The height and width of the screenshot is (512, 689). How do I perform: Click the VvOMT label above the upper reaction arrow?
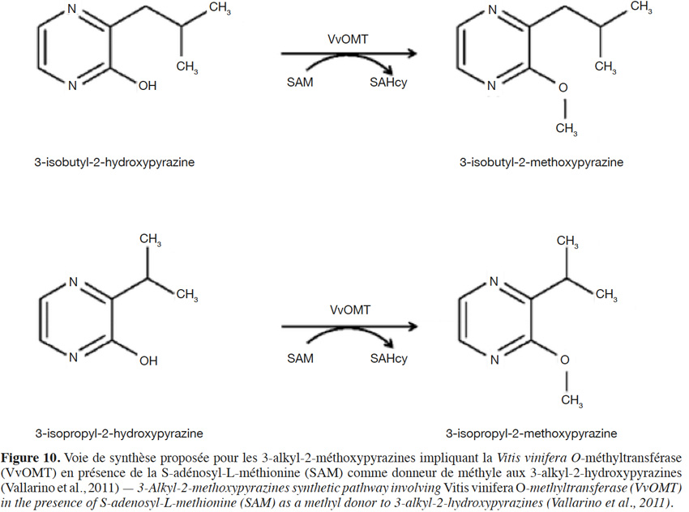click(348, 40)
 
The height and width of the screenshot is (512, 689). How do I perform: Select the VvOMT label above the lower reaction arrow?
click(350, 310)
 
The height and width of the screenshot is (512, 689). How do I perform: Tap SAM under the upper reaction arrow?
click(300, 82)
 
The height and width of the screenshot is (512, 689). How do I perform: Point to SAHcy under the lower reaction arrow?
click(389, 359)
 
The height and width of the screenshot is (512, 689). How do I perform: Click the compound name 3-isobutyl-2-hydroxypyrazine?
click(114, 162)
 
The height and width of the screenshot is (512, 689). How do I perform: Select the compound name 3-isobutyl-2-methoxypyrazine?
click(541, 162)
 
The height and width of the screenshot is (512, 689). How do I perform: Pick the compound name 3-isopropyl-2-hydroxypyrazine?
click(119, 433)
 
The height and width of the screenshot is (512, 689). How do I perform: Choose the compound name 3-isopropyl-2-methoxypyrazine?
click(531, 433)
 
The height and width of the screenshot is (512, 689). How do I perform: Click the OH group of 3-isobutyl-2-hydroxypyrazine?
click(148, 86)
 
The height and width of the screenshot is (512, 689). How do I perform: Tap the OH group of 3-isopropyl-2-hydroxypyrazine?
click(148, 361)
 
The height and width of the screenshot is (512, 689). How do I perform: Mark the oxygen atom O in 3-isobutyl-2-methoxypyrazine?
click(563, 87)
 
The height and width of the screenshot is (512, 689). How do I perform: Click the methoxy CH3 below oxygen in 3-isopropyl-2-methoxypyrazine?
click(571, 401)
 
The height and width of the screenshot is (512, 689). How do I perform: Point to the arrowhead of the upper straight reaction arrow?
click(411, 53)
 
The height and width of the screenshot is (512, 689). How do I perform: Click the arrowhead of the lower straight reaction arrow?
click(412, 326)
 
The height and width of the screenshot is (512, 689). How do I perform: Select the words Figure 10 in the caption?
click(30, 458)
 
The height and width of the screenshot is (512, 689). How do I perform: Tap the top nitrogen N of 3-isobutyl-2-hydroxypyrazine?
click(72, 9)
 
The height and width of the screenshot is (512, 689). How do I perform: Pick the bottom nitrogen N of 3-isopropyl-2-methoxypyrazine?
click(494, 360)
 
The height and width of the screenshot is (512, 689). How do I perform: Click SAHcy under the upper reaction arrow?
click(388, 83)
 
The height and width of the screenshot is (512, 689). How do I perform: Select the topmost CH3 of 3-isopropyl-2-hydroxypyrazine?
click(150, 239)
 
